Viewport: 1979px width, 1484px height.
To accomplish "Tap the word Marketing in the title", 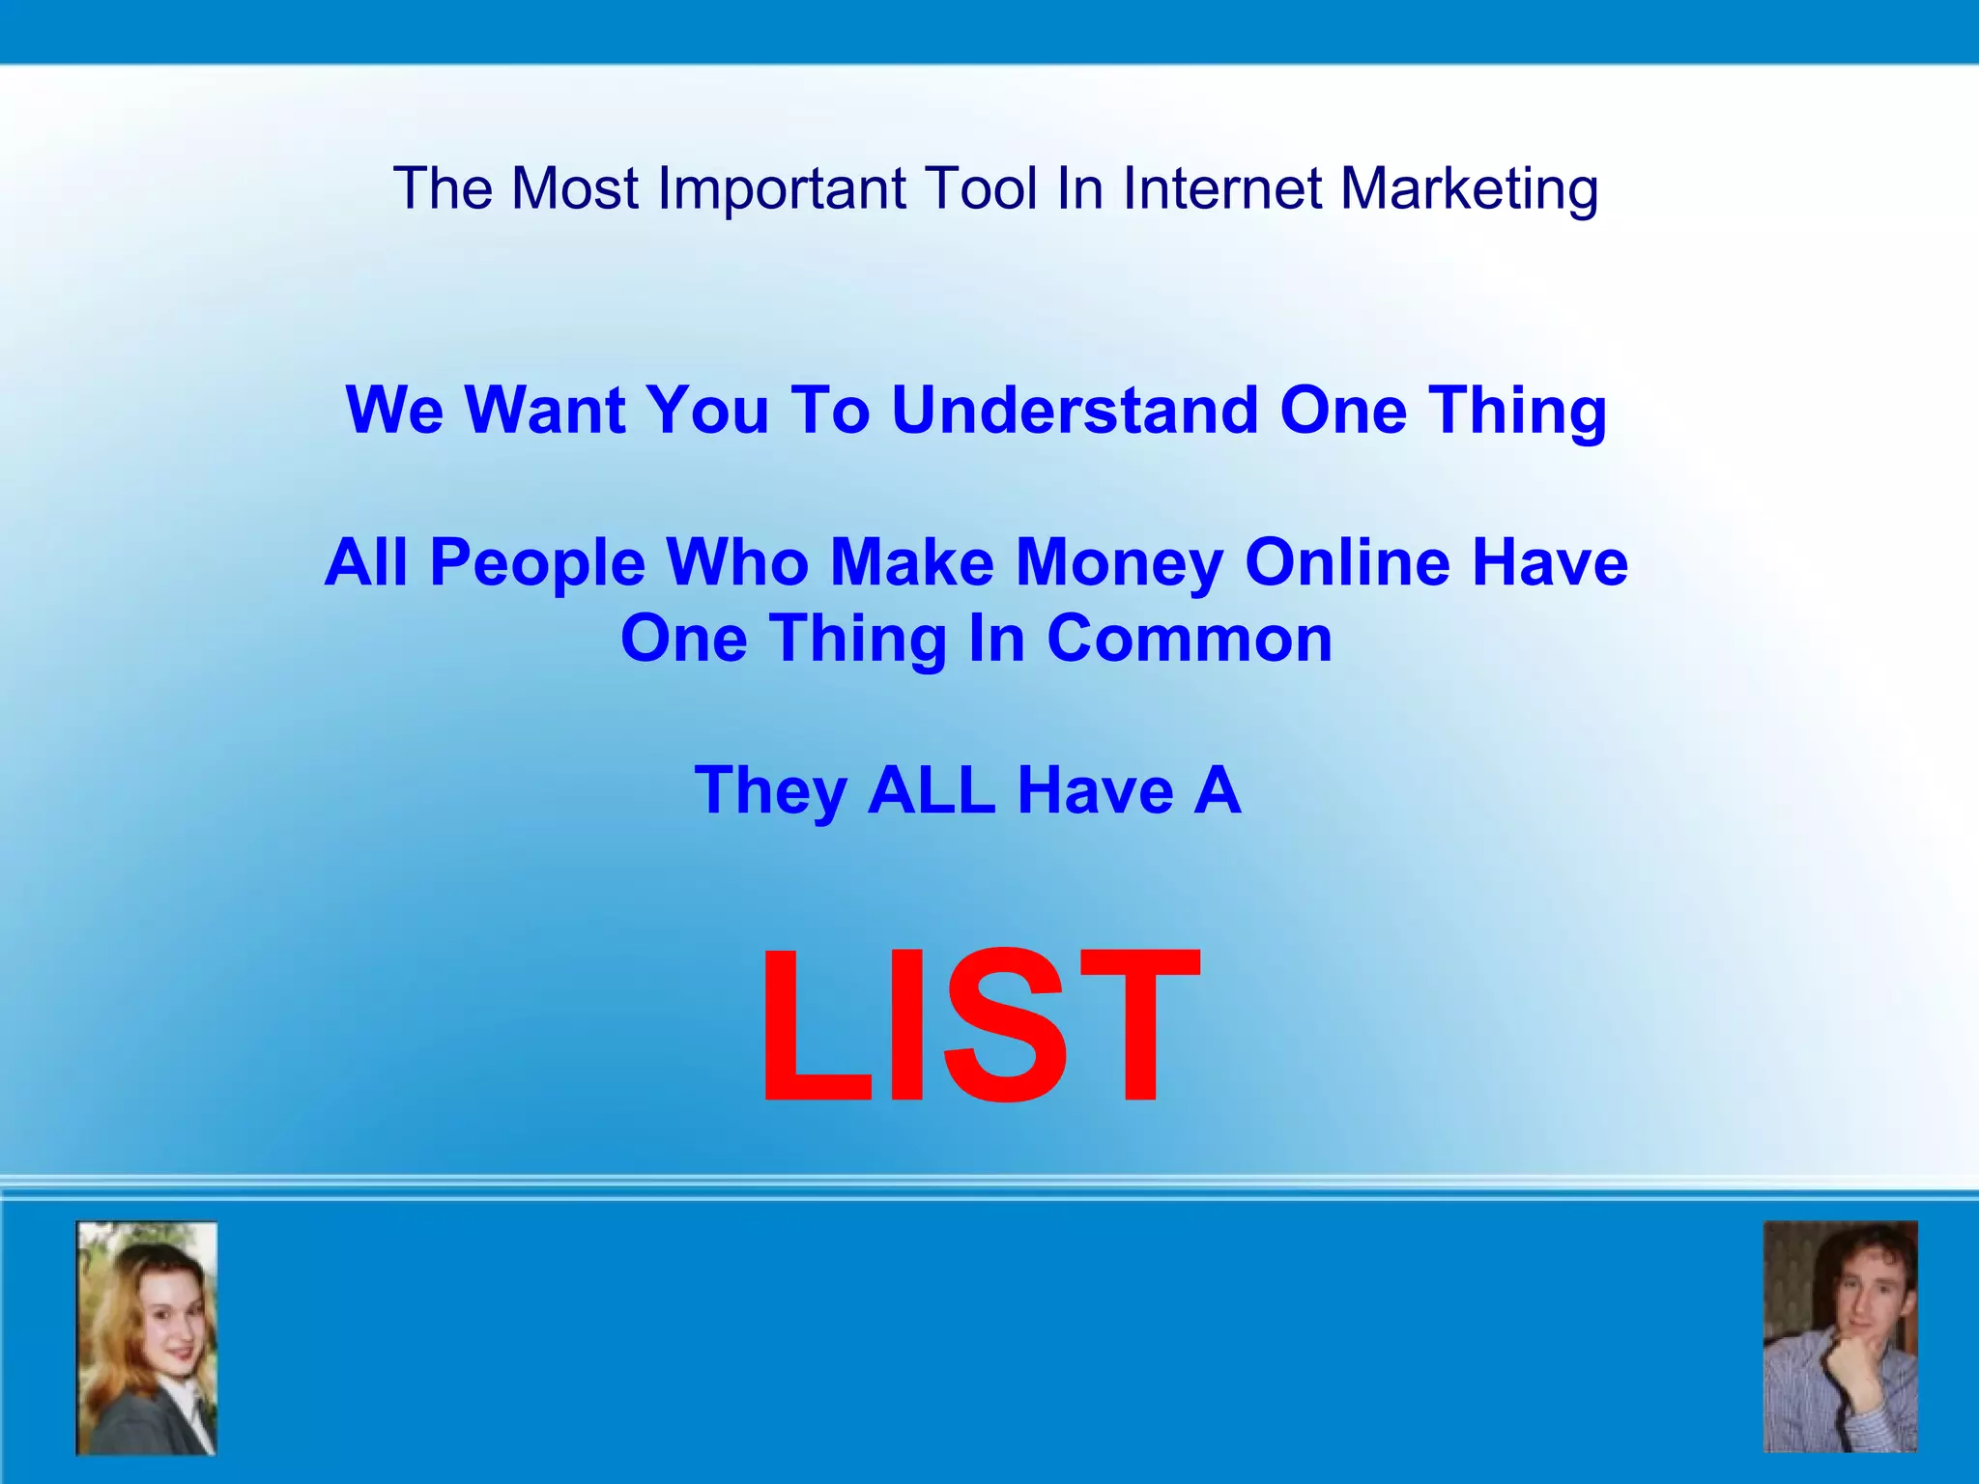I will [x=1469, y=188].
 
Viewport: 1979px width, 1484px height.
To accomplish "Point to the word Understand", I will [x=1075, y=410].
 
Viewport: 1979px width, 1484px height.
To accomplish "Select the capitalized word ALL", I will [x=932, y=790].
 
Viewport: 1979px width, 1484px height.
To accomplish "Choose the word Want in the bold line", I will [x=545, y=410].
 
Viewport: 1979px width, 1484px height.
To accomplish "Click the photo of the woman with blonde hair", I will [x=147, y=1338].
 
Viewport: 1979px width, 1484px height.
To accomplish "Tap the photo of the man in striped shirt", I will [x=1840, y=1337].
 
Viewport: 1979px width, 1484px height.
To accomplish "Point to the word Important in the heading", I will [x=782, y=188].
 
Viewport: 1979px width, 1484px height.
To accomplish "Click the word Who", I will [x=737, y=562].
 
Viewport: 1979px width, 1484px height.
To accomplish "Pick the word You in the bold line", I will [x=707, y=410].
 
